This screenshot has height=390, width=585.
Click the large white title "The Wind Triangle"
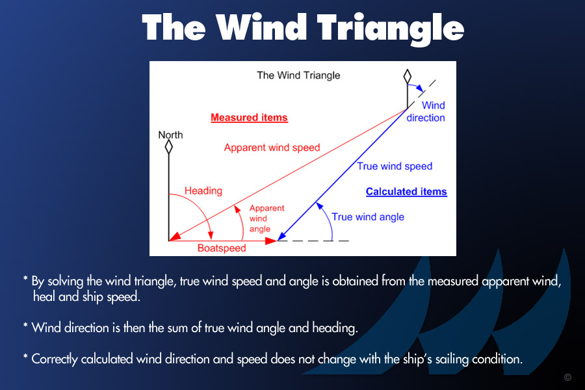click(x=303, y=29)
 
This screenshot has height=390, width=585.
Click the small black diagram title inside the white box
click(x=298, y=75)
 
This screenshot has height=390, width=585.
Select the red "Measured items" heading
click(x=249, y=118)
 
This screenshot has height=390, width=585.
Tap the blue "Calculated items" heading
click(x=406, y=192)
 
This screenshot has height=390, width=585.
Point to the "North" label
click(x=170, y=135)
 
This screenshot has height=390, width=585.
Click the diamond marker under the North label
click(x=168, y=147)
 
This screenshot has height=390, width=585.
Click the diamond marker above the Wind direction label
click(x=408, y=77)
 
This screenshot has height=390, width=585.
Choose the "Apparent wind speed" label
click(x=272, y=148)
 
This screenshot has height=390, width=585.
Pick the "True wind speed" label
click(x=395, y=166)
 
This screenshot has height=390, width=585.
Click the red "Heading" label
click(x=203, y=190)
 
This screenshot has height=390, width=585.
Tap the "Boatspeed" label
click(x=222, y=248)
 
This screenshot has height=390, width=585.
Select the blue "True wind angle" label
click(x=368, y=217)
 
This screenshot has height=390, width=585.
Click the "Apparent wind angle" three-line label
click(x=266, y=218)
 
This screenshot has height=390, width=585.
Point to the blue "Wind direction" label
click(x=426, y=112)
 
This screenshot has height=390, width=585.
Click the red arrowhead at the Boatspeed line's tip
click(x=271, y=241)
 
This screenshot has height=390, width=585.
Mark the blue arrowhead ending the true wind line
click(x=281, y=236)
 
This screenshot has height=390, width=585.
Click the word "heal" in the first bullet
click(x=44, y=296)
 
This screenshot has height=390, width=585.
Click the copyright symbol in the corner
click(x=568, y=377)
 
